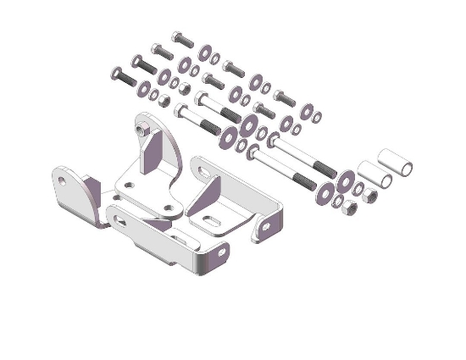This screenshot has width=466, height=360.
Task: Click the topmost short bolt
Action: click(x=181, y=39)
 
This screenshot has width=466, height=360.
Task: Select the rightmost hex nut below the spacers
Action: click(x=369, y=198)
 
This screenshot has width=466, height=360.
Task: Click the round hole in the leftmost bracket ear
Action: click(x=62, y=180)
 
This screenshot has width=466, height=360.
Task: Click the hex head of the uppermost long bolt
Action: click(x=201, y=99)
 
